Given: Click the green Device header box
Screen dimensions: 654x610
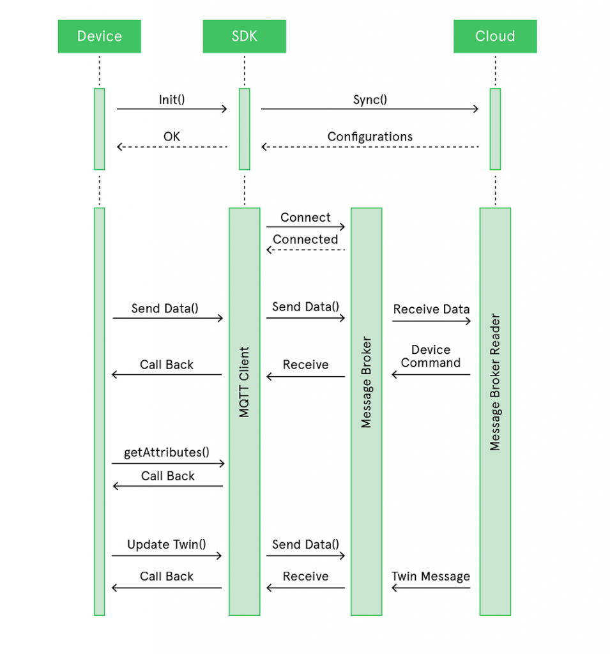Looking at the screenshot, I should click(x=99, y=36).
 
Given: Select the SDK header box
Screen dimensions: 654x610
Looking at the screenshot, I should click(x=244, y=36).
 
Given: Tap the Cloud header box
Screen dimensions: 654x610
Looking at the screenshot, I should click(x=494, y=36).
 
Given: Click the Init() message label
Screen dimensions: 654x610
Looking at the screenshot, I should click(x=172, y=100).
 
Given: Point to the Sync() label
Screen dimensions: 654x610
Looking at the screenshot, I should click(x=370, y=100).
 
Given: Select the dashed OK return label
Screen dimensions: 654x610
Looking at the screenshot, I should click(x=172, y=137).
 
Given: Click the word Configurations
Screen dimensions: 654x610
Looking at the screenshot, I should click(x=370, y=137).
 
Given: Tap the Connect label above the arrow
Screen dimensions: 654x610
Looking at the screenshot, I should click(x=305, y=217).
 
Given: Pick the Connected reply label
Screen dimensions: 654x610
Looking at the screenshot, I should click(x=305, y=240).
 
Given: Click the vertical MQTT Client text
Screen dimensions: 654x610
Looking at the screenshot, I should click(x=245, y=382).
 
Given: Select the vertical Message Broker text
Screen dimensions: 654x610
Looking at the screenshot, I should click(x=366, y=382).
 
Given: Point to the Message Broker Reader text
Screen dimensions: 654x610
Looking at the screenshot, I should click(x=495, y=382).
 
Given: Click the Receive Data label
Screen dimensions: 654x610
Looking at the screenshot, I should click(x=431, y=309).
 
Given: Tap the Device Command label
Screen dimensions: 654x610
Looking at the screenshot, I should click(x=431, y=356).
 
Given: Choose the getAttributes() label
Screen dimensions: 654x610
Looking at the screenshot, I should click(x=167, y=452).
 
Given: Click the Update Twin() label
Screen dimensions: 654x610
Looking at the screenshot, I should click(x=167, y=544).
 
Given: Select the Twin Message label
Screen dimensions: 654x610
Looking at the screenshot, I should click(x=431, y=576).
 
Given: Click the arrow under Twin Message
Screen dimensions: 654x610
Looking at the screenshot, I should click(x=431, y=588).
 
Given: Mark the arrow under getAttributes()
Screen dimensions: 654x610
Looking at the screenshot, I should click(x=168, y=464).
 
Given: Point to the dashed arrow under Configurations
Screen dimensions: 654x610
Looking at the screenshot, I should click(x=370, y=148).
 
